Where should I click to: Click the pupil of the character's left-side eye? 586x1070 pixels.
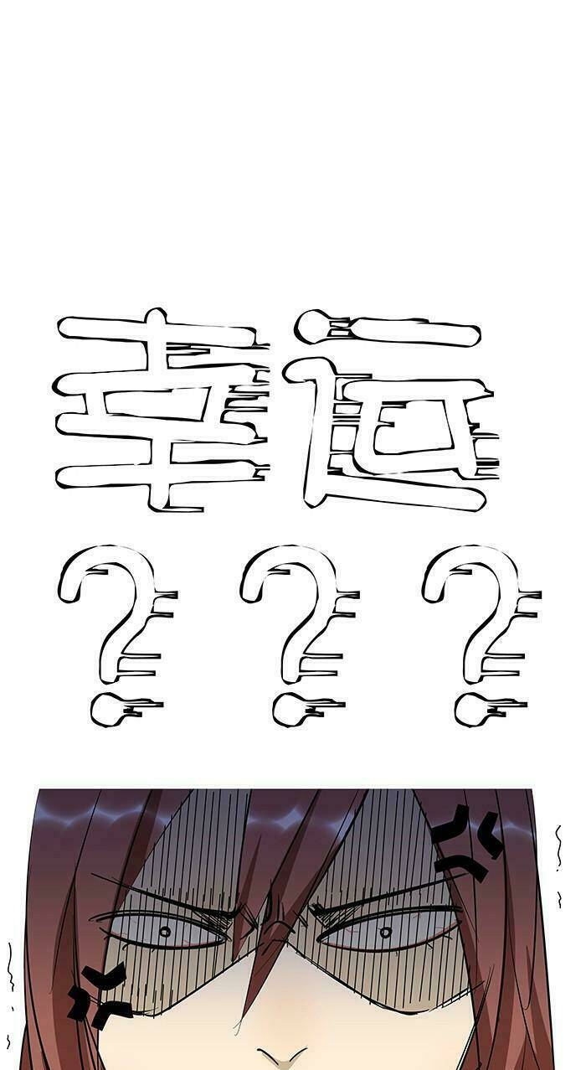(x=165, y=931)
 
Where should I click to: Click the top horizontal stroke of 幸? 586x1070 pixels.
(x=157, y=328)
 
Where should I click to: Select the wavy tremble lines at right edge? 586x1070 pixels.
(x=558, y=866)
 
